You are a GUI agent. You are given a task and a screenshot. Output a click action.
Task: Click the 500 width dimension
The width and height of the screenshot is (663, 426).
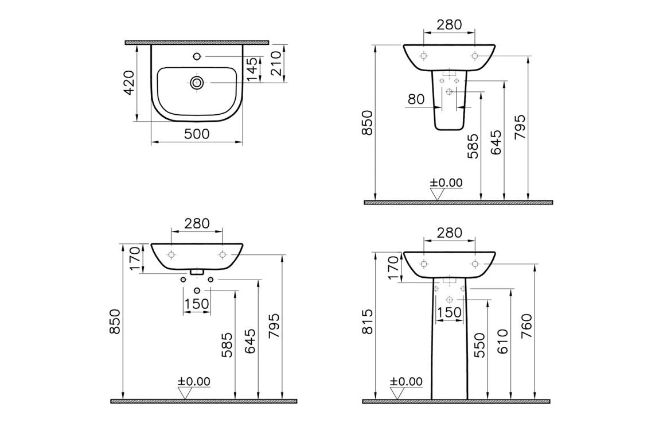197,134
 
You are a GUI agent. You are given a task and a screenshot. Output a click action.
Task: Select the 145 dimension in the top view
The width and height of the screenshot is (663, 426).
252,69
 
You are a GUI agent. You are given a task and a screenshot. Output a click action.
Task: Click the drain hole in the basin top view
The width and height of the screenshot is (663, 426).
197,83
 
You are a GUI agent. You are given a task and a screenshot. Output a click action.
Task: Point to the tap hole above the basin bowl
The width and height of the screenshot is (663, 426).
197,57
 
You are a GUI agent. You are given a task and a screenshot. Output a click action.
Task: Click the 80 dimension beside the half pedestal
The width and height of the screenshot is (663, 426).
416,99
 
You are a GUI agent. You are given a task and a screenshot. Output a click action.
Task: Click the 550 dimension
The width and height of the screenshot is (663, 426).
479,345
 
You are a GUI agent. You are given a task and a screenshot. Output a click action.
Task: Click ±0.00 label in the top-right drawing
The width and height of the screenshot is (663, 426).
447,183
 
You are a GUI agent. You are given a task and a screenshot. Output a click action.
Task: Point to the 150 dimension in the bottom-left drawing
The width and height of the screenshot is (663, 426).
197,304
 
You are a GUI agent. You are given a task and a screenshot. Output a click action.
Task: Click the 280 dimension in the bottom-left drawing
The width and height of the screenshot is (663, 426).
197,223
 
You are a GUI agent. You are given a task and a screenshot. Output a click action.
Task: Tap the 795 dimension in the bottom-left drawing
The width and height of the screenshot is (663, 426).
274,327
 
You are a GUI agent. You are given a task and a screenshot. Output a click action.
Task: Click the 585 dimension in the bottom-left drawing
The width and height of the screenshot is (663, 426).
228,345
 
